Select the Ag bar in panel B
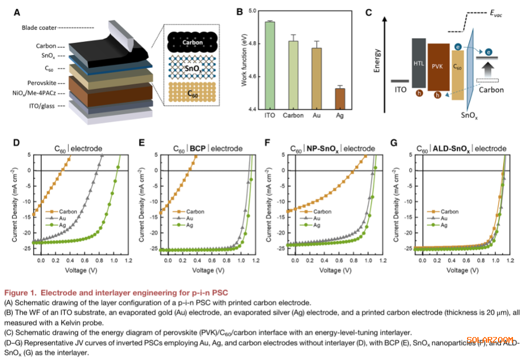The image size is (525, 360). click(340, 98)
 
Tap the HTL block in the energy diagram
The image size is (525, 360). click(418, 64)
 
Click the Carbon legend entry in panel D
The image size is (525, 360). click(63, 212)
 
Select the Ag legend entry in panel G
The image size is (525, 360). click(443, 225)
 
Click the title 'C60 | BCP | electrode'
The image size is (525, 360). click(208, 149)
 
